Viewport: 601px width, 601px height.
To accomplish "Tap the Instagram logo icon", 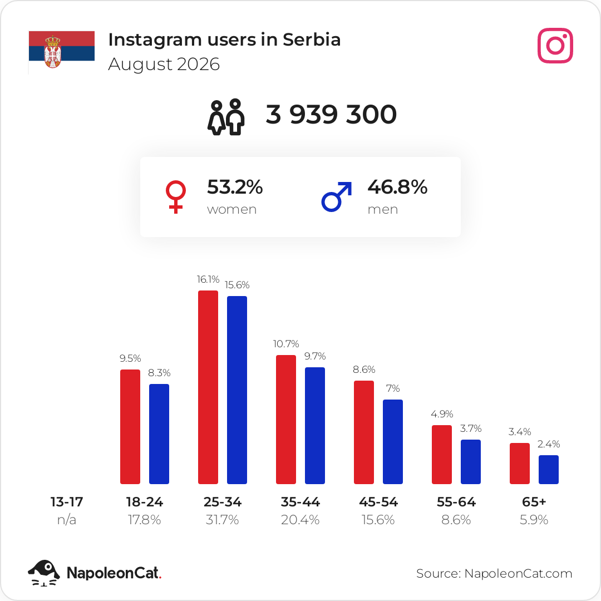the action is point(555,46).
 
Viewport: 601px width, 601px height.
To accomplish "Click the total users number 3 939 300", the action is point(331,114).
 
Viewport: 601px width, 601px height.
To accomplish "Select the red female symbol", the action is point(175,196).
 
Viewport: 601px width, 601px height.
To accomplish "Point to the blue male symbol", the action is point(336,196).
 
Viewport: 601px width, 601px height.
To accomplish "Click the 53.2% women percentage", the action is point(235,187).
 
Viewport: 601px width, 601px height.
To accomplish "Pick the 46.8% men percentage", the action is point(397,187).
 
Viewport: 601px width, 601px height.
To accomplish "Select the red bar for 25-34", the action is point(208,387).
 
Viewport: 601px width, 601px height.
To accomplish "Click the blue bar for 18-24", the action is point(159,434).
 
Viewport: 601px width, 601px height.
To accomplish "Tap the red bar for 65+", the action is point(520,464).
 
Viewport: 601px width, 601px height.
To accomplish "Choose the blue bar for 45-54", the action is point(393,441).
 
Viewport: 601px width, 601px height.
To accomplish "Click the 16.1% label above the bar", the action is point(208,279).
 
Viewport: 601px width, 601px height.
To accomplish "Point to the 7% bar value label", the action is point(393,388).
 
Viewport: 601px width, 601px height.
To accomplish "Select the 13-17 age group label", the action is point(67,502).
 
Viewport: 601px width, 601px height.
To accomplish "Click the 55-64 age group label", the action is point(456,502).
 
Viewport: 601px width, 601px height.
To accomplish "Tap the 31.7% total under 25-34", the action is point(222,520).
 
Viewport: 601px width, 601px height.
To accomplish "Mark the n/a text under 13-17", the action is point(67,520).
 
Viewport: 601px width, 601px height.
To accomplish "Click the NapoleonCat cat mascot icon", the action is point(44,573).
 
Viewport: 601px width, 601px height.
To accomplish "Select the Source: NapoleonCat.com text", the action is point(494,573).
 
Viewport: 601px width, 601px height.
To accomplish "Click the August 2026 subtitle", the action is point(164,65).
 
